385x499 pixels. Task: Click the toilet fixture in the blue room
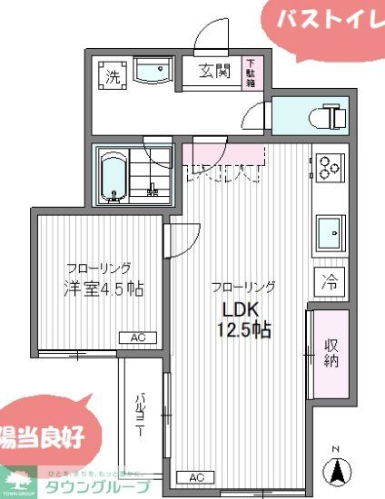[329, 116]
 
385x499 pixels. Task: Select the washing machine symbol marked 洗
[113, 76]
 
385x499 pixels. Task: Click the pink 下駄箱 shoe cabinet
[251, 73]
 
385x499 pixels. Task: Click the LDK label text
[233, 309]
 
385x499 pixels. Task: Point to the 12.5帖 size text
[242, 330]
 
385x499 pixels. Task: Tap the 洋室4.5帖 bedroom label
[103, 289]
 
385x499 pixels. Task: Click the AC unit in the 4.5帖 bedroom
[138, 338]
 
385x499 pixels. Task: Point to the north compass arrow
[337, 469]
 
